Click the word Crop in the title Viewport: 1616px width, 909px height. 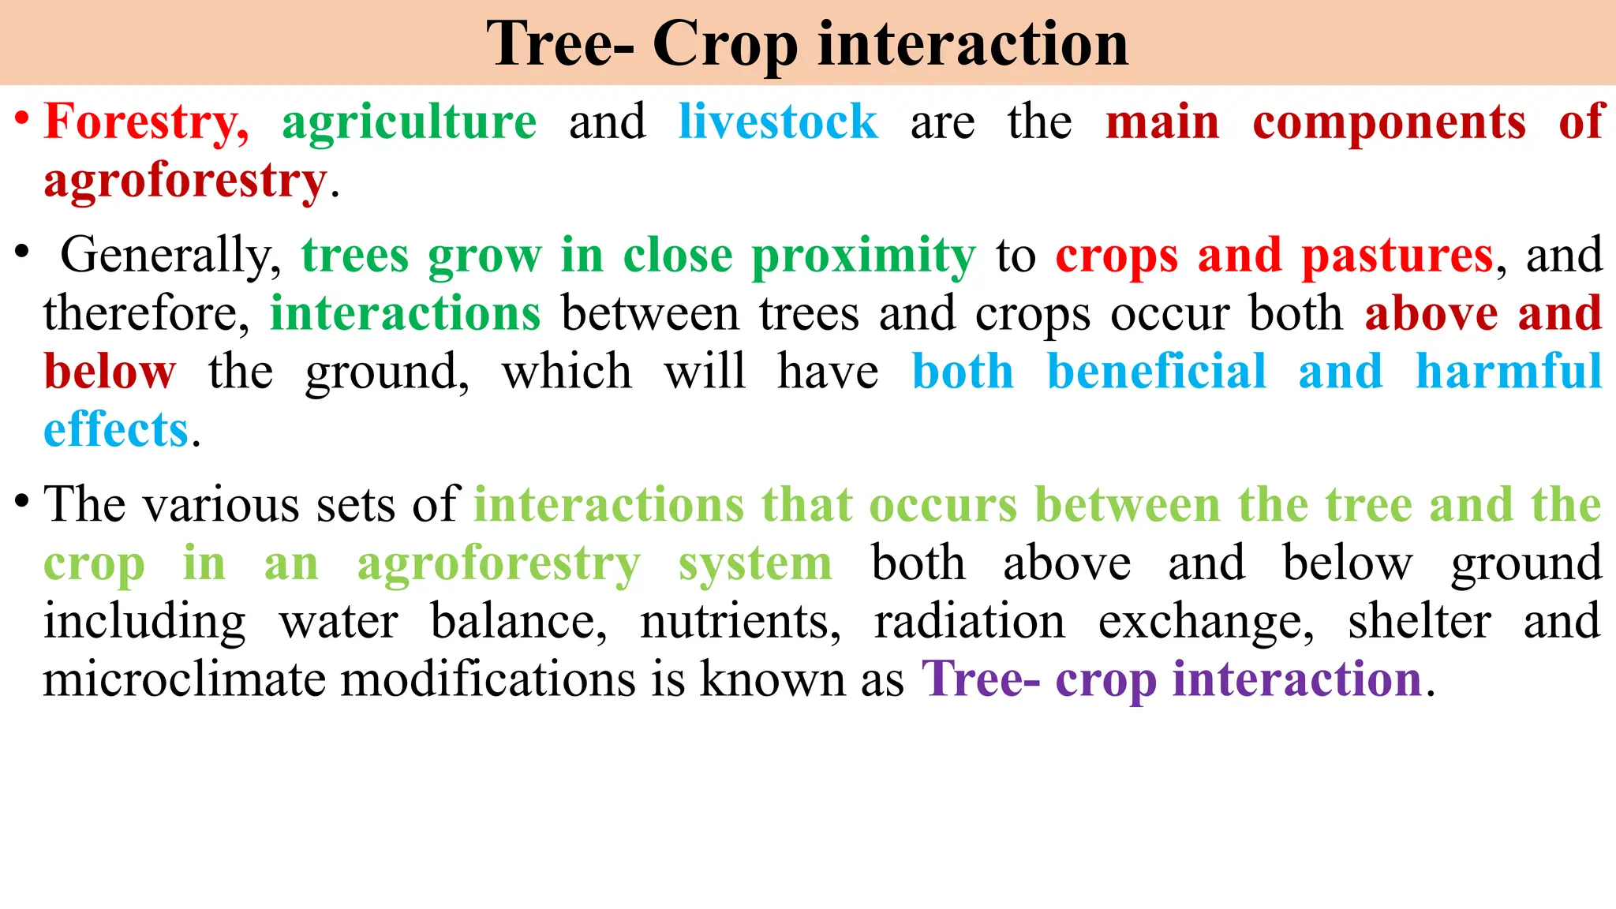click(x=725, y=45)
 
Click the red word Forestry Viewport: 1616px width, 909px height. click(x=145, y=122)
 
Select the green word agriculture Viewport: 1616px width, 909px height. click(x=409, y=122)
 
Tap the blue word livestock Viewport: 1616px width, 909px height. click(x=778, y=122)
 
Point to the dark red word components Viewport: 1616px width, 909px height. click(x=1390, y=122)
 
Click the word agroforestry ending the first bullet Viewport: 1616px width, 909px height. click(x=185, y=181)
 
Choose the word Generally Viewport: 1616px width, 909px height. click(x=170, y=256)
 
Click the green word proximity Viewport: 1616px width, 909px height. click(x=863, y=256)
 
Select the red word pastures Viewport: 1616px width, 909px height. click(x=1397, y=256)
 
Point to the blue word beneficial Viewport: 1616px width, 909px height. click(x=1156, y=372)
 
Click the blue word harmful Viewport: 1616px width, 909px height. click(x=1508, y=372)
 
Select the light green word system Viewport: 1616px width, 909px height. click(x=755, y=563)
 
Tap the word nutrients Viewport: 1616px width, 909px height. click(x=740, y=622)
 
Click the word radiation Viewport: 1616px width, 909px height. click(x=970, y=622)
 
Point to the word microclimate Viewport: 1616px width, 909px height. click(x=184, y=679)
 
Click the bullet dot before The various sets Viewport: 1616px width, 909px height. click(x=22, y=500)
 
